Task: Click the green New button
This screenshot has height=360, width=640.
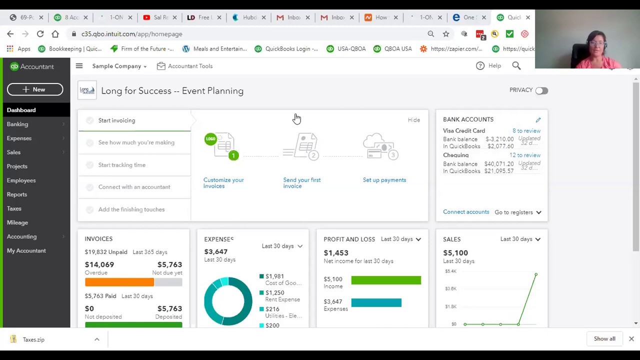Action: tap(35, 89)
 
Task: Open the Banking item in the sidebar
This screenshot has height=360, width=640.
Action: tap(17, 124)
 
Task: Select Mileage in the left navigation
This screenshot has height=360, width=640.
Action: tap(17, 222)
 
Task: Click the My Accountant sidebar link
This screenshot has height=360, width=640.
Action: tap(26, 250)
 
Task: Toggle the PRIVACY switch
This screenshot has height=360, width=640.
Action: tap(541, 90)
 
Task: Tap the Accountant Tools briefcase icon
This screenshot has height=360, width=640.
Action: tap(161, 66)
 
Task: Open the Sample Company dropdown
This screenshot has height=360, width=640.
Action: tap(119, 66)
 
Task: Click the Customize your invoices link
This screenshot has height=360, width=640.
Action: tap(223, 183)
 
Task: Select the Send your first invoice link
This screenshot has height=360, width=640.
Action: tap(301, 183)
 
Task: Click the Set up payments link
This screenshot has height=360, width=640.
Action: tap(384, 180)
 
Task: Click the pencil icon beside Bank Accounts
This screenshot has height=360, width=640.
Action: tap(538, 120)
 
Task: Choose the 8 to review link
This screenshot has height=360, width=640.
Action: tap(526, 131)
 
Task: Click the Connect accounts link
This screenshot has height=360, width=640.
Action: tap(465, 212)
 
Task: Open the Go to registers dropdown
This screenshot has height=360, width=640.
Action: tap(517, 212)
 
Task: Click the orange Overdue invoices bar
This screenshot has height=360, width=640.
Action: tap(119, 282)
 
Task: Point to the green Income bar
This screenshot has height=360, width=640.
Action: tap(385, 280)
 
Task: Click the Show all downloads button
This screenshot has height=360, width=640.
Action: tap(604, 339)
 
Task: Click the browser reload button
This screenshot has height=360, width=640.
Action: tap(40, 34)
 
